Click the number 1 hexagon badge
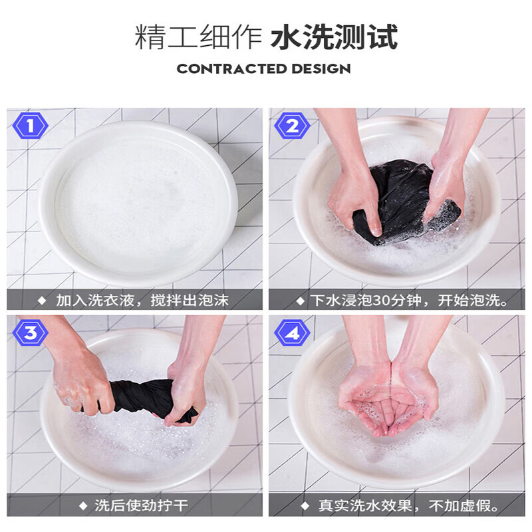(x=29, y=124)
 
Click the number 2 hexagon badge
(x=292, y=124)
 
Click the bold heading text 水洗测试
(x=334, y=38)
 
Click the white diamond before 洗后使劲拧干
(x=83, y=506)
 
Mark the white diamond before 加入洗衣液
(x=42, y=300)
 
